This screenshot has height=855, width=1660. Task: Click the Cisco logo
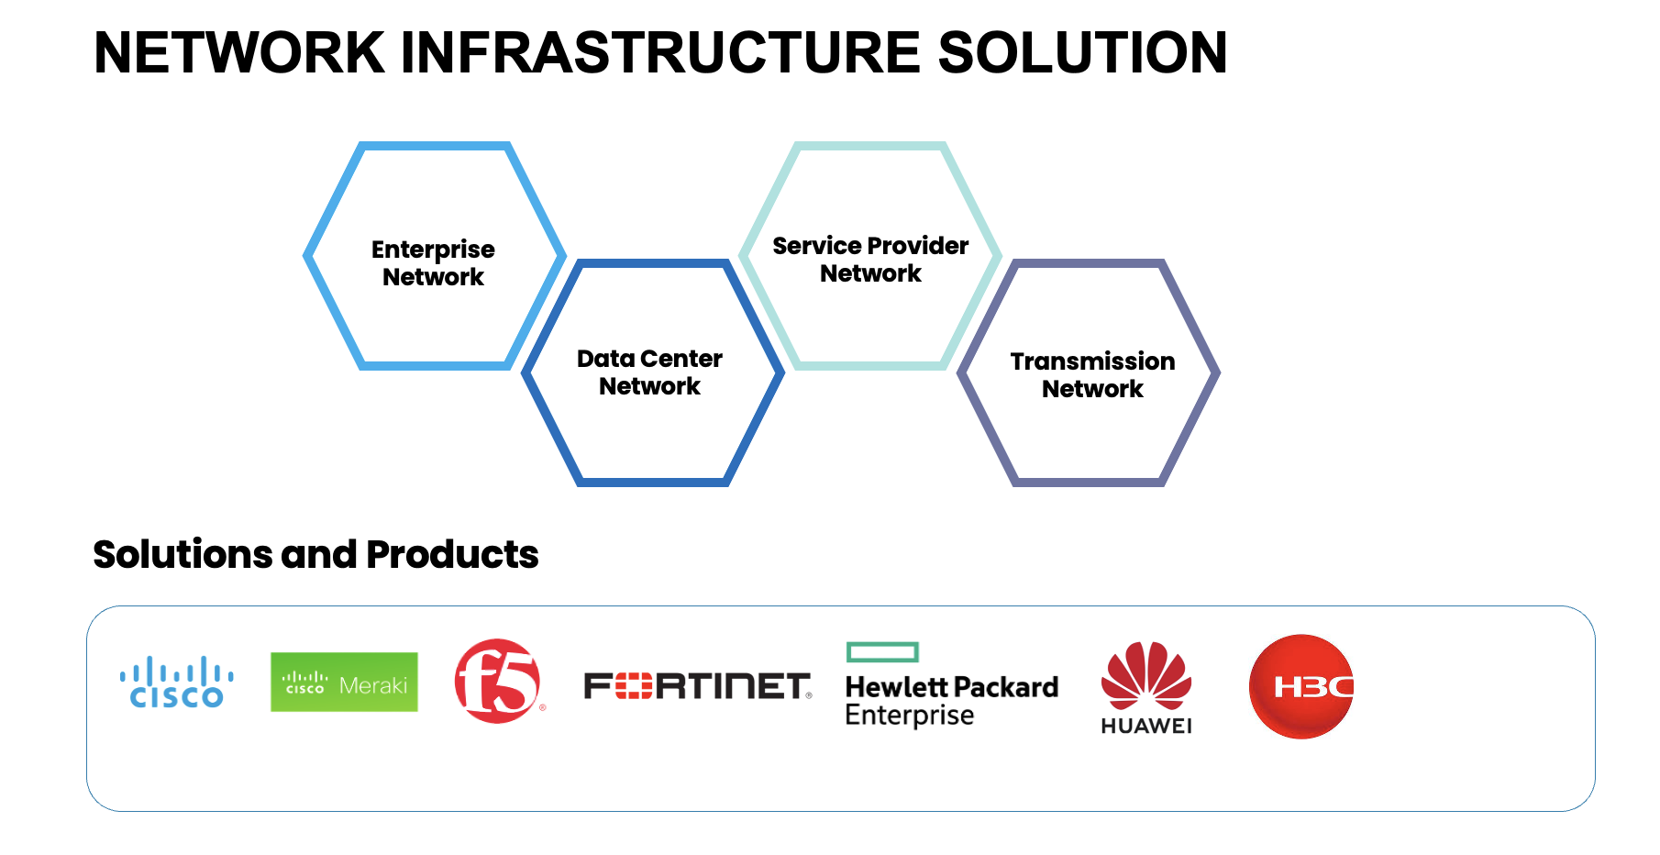pyautogui.click(x=176, y=683)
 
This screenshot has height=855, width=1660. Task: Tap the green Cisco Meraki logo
pyautogui.click(x=344, y=682)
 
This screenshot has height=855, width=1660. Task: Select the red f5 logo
pyautogui.click(x=498, y=681)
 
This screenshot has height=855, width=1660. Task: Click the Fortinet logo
pyautogui.click(x=697, y=685)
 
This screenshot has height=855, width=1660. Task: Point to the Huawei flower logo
pyautogui.click(x=1146, y=675)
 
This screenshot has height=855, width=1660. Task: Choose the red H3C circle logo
pyautogui.click(x=1301, y=686)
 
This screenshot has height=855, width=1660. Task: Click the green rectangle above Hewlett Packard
pyautogui.click(x=882, y=651)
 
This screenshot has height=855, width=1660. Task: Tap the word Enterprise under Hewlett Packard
pyautogui.click(x=909, y=715)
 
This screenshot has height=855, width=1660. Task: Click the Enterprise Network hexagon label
pyautogui.click(x=433, y=263)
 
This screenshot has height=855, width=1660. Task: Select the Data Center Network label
pyautogui.click(x=649, y=372)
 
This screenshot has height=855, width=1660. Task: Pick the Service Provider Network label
pyautogui.click(x=870, y=260)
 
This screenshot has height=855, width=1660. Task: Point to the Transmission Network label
pyautogui.click(x=1092, y=375)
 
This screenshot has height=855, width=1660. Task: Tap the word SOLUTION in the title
pyautogui.click(x=1081, y=52)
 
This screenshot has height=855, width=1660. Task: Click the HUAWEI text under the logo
pyautogui.click(x=1146, y=726)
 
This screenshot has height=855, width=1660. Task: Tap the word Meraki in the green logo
pyautogui.click(x=373, y=685)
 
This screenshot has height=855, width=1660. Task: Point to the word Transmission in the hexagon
pyautogui.click(x=1092, y=361)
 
